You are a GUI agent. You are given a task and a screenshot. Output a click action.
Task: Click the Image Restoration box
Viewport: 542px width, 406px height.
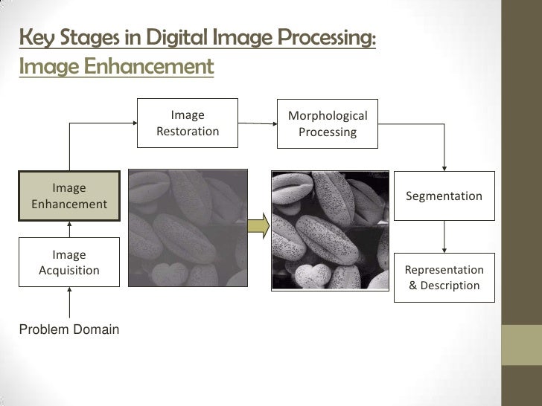click(x=188, y=123)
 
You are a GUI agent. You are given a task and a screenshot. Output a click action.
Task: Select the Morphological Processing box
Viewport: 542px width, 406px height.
click(x=328, y=123)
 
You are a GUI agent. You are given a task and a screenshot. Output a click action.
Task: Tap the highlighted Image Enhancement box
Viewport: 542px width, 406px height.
click(x=69, y=196)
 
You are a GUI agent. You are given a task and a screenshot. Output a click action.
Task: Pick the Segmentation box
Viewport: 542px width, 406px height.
click(x=444, y=196)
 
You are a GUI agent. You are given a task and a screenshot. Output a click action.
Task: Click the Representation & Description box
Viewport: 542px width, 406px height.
click(x=444, y=277)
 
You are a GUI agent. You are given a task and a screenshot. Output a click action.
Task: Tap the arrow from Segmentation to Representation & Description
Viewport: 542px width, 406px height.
click(x=444, y=238)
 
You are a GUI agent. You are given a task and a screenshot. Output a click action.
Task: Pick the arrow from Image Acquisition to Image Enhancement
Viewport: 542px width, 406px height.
click(x=69, y=229)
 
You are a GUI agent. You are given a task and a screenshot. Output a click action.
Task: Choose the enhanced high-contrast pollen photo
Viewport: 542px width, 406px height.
click(x=328, y=227)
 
